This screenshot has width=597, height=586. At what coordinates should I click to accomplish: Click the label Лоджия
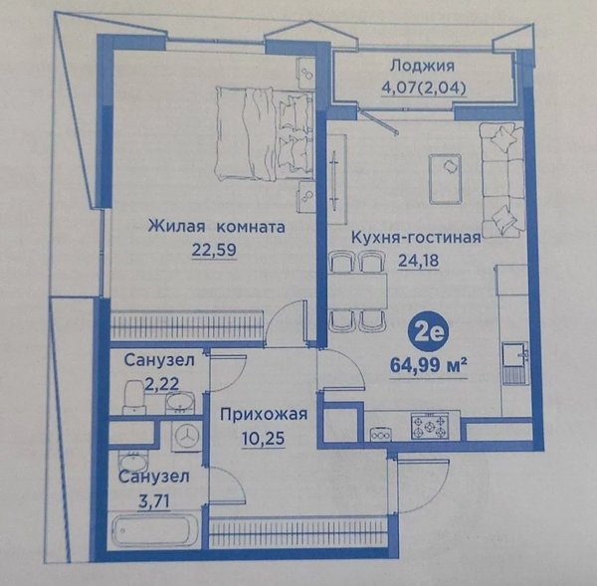click(x=422, y=66)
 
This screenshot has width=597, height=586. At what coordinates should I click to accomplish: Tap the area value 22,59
click(x=214, y=250)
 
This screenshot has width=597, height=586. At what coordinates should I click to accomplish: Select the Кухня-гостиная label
click(x=416, y=238)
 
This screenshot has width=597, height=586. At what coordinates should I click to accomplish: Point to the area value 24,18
click(x=419, y=261)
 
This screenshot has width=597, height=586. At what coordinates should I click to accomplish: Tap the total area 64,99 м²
click(x=428, y=366)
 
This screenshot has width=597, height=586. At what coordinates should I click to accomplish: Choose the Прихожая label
click(x=264, y=414)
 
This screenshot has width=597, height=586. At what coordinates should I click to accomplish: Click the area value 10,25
click(x=263, y=439)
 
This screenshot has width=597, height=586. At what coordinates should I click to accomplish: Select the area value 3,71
click(x=154, y=501)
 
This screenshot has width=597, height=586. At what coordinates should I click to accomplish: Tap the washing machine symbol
click(x=187, y=436)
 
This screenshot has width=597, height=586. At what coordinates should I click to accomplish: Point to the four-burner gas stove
click(x=430, y=426)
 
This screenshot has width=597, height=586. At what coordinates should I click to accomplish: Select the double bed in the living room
click(x=263, y=133)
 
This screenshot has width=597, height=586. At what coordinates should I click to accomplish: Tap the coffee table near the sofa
click(x=445, y=178)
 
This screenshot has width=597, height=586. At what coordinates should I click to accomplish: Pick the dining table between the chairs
click(x=357, y=291)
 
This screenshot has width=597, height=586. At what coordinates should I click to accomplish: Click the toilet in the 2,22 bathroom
click(x=134, y=397)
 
